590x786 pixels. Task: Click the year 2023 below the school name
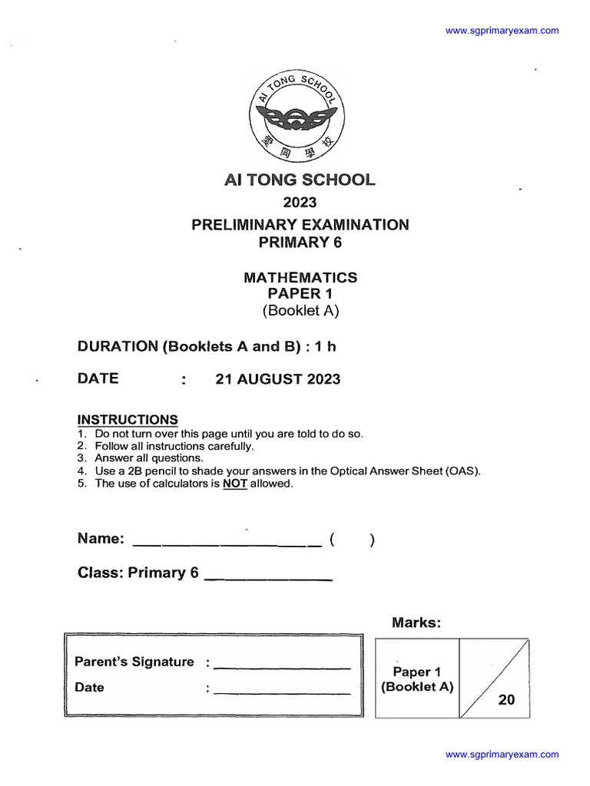(x=300, y=203)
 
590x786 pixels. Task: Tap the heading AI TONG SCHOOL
(x=300, y=180)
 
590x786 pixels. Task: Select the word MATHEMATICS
(x=300, y=277)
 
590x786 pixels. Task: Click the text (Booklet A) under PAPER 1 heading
(x=300, y=311)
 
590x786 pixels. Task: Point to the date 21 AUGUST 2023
(x=277, y=379)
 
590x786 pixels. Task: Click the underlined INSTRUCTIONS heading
(x=128, y=420)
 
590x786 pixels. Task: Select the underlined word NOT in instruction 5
(x=235, y=484)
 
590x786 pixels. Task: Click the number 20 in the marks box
(x=506, y=700)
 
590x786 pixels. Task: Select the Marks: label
(x=416, y=623)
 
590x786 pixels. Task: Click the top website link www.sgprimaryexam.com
(x=502, y=31)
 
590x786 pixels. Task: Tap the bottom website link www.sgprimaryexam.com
(x=502, y=755)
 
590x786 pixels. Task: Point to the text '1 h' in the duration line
(x=326, y=346)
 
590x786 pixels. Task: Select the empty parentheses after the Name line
(x=352, y=540)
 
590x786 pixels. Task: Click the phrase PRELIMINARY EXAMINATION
(x=300, y=225)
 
